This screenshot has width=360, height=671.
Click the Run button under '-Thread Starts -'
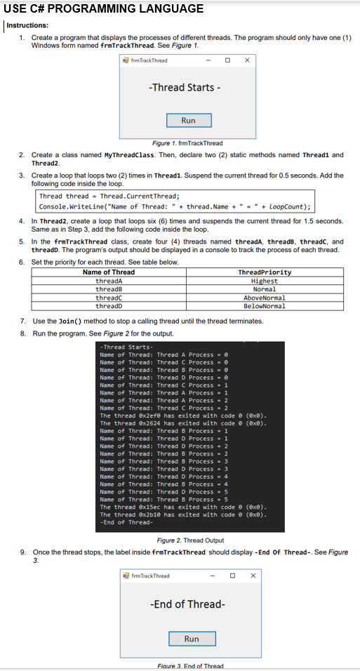(188, 121)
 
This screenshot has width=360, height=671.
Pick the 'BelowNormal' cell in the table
(265, 306)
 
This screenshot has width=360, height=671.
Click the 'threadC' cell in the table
(109, 298)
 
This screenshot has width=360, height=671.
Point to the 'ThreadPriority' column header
(265, 272)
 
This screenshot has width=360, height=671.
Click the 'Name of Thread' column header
(109, 272)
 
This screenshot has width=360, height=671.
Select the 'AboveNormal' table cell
(265, 298)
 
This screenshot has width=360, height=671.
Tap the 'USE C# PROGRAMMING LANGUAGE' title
(104, 8)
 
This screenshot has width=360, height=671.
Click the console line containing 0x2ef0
(184, 416)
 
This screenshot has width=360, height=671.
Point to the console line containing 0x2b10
(184, 514)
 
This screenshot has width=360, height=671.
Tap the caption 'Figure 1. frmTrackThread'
(187, 143)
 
